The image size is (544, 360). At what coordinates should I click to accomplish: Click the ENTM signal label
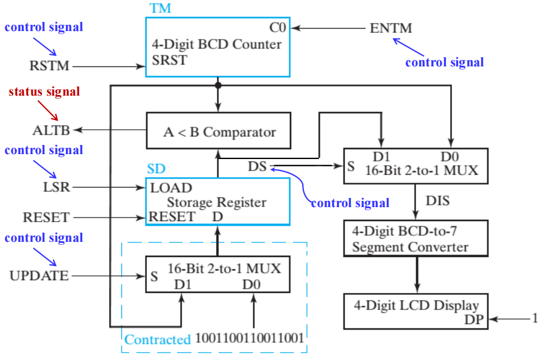pyautogui.click(x=391, y=28)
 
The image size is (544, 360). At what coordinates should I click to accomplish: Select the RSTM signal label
pyautogui.click(x=49, y=66)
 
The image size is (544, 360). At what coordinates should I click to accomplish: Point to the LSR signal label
pyautogui.click(x=54, y=187)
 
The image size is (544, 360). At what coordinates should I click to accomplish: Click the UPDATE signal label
pyautogui.click(x=39, y=276)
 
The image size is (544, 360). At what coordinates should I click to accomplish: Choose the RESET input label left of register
pyautogui.click(x=46, y=217)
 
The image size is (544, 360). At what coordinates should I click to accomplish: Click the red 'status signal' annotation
pyautogui.click(x=44, y=92)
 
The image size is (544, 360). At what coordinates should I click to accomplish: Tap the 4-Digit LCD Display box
pyautogui.click(x=416, y=312)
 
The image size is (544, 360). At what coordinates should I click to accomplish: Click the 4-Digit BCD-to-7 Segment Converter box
pyautogui.click(x=416, y=238)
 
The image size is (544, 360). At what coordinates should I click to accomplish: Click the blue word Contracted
pyautogui.click(x=157, y=340)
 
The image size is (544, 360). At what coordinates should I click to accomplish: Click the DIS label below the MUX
pyautogui.click(x=438, y=200)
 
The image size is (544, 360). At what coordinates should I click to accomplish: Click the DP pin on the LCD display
pyautogui.click(x=474, y=319)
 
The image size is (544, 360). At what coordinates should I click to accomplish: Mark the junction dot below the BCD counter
pyautogui.click(x=218, y=86)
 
